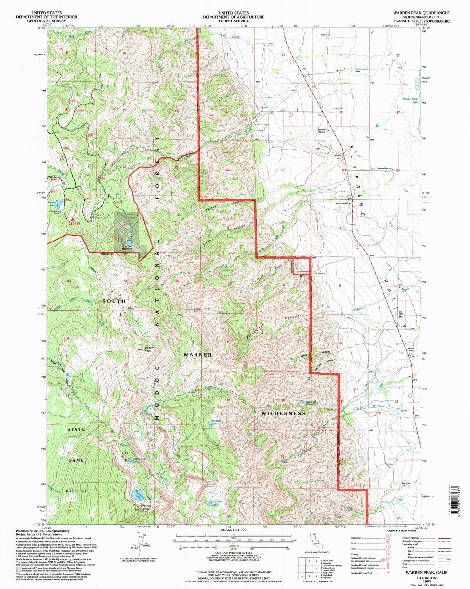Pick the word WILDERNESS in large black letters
284,413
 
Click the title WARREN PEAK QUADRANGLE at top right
421,13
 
